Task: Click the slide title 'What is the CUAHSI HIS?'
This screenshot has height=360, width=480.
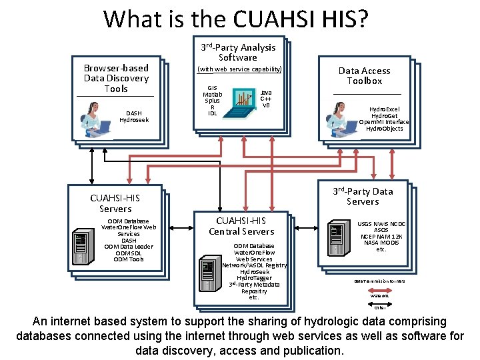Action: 235,19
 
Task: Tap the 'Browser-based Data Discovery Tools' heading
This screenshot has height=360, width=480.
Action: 116,78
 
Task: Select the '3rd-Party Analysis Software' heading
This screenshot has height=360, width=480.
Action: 238,52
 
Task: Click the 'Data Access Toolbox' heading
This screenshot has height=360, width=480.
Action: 364,75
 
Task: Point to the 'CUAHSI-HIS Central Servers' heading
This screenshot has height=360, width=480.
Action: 241,226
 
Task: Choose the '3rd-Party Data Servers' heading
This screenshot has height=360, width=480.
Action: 363,196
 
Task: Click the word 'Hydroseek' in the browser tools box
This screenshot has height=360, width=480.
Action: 134,120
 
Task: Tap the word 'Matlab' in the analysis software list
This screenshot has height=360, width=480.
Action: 212,95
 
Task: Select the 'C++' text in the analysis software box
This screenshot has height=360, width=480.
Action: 265,99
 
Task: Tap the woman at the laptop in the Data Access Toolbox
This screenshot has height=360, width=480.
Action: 340,119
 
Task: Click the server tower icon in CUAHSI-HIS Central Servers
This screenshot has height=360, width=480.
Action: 208,275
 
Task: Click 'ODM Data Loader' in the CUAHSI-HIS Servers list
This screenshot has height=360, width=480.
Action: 129,247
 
